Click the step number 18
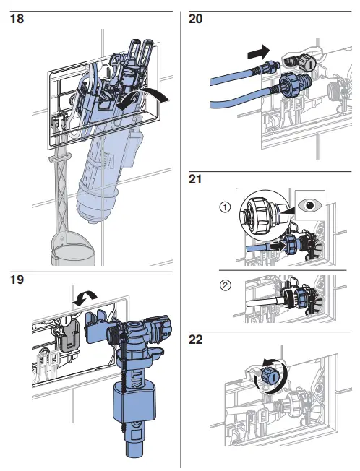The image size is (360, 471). coord(16,20)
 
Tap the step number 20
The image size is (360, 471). coord(195,20)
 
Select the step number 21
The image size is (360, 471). coord(195,179)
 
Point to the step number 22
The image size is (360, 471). coord(195,338)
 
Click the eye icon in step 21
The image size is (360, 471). coord(312,204)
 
